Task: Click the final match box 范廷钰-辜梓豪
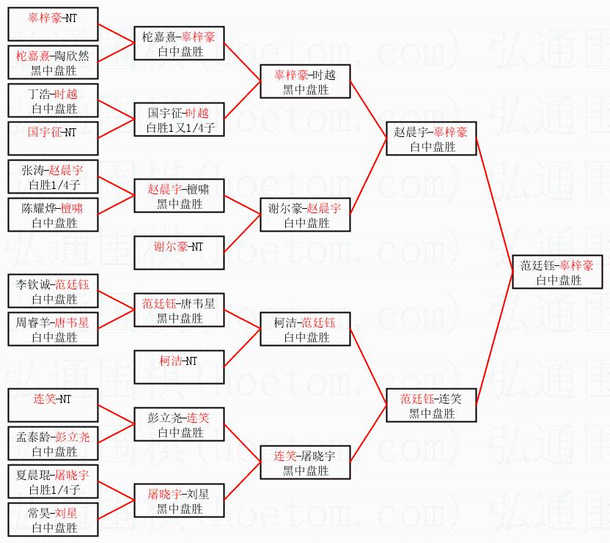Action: (557, 272)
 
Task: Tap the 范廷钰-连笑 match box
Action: (431, 406)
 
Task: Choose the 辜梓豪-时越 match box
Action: (305, 81)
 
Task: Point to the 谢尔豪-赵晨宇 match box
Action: (305, 215)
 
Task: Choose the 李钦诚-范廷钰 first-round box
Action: (53, 292)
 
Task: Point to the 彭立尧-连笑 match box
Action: (179, 425)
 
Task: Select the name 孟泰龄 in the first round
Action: (34, 437)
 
